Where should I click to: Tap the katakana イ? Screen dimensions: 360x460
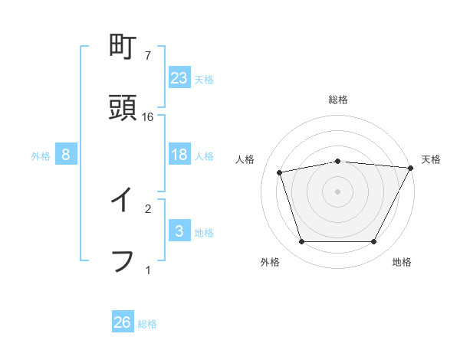123,201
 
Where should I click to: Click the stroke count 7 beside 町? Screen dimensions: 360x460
148,56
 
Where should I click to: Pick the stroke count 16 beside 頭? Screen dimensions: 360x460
148,116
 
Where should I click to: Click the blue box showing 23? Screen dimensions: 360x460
179,78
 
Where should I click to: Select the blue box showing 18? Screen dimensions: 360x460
179,155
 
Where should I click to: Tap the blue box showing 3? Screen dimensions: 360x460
179,231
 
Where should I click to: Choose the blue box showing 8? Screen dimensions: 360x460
66,155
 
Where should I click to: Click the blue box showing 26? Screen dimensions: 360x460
123,322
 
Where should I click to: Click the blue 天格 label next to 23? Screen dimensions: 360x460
204,80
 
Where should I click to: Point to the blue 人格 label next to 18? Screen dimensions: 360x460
204,156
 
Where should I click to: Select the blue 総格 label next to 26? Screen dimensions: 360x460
147,324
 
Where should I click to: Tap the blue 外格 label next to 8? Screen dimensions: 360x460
41,156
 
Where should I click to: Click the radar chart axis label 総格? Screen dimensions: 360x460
338,100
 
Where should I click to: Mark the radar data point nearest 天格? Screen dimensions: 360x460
411,168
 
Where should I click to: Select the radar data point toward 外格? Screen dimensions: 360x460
302,242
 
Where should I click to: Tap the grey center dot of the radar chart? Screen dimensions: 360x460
338,191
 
